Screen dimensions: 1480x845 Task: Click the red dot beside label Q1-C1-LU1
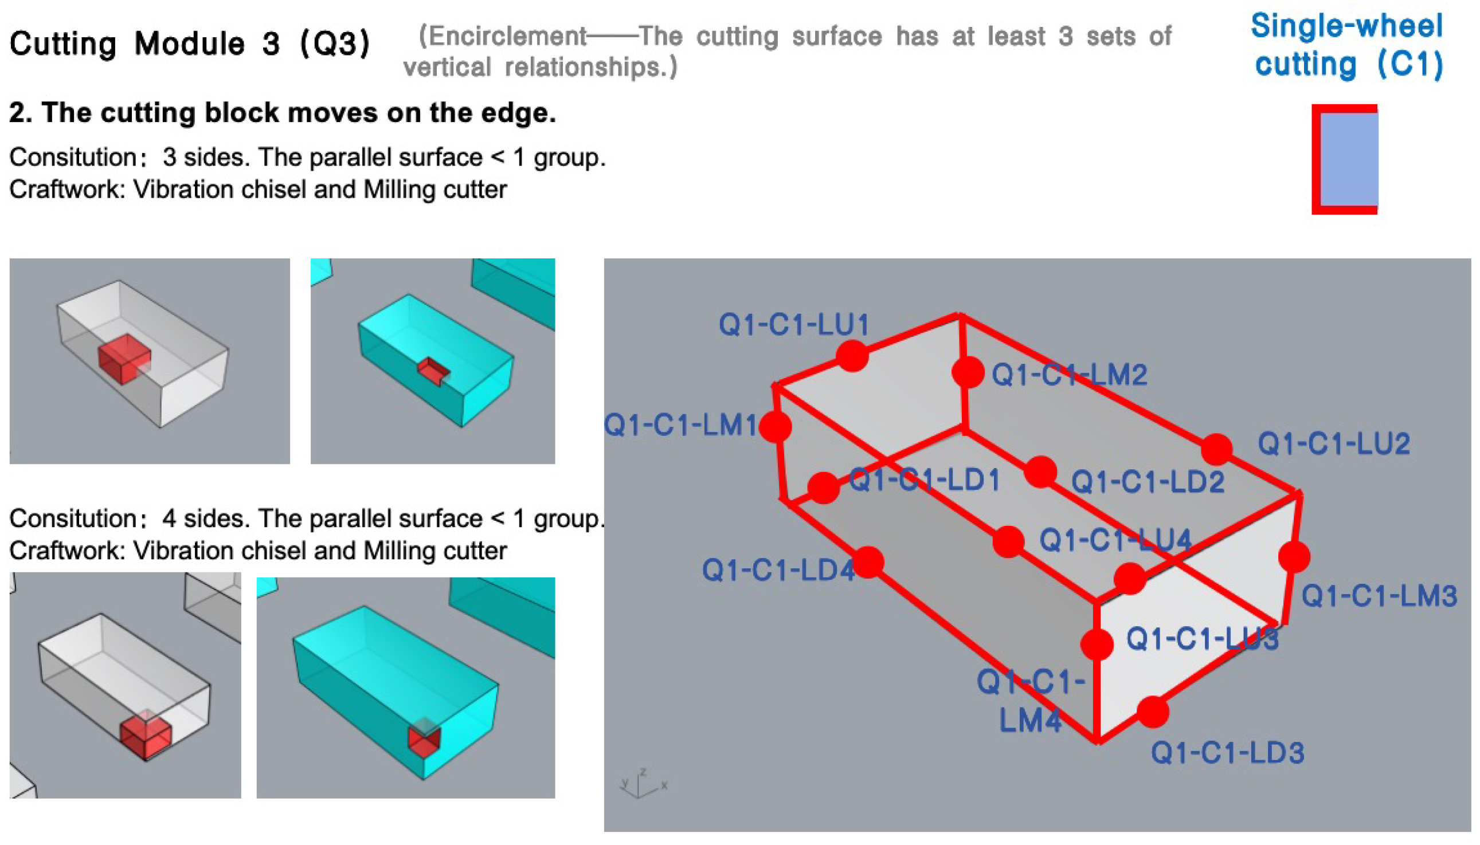[852, 355]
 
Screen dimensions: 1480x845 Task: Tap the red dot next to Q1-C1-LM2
[968, 372]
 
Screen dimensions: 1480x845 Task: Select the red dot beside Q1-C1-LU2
[1216, 449]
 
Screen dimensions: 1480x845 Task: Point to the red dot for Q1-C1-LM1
[775, 427]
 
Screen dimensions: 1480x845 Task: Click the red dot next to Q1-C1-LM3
[1294, 557]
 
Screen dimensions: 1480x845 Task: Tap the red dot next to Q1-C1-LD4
[868, 562]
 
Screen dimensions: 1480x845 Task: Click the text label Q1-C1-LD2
[1148, 482]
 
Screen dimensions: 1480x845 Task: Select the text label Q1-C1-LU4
[1115, 540]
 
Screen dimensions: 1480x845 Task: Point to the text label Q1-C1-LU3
[1203, 639]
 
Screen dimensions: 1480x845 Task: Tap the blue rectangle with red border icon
[1345, 160]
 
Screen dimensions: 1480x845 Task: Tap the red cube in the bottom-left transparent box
[146, 734]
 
